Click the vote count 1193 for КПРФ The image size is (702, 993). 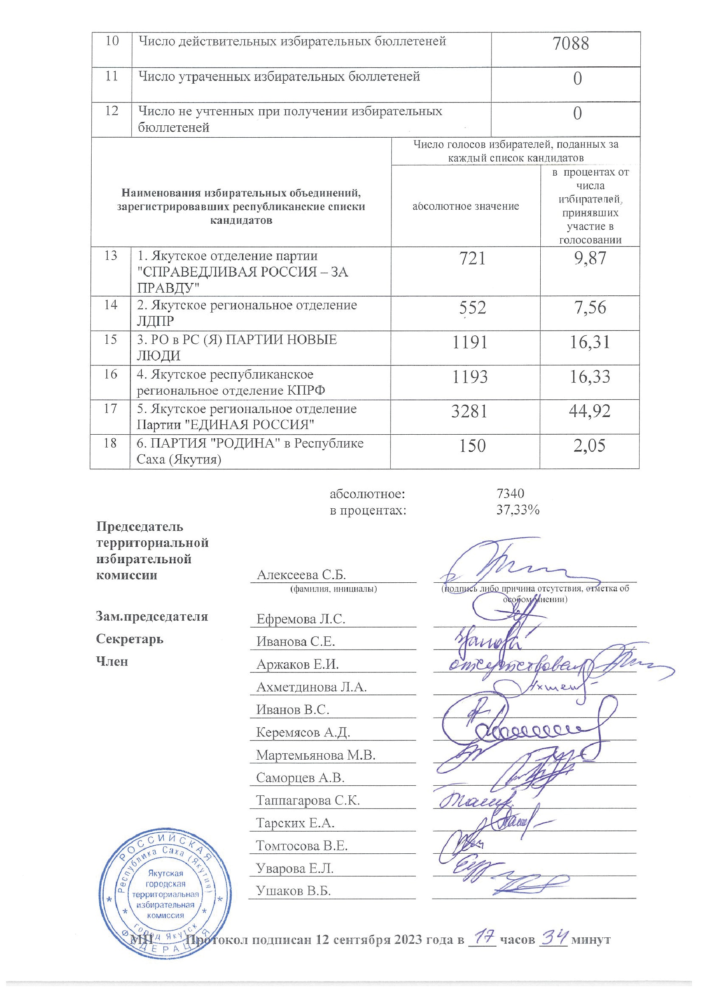click(470, 377)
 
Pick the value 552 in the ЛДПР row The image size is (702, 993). click(472, 308)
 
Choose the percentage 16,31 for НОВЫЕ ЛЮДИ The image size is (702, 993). click(590, 342)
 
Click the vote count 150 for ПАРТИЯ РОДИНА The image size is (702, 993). click(472, 445)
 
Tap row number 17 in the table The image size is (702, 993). click(110, 409)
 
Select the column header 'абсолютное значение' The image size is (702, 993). click(465, 206)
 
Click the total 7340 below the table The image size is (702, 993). click(510, 493)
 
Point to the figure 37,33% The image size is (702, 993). click(518, 510)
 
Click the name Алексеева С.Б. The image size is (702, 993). click(301, 575)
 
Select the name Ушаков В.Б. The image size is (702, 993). click(293, 891)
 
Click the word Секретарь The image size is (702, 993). click(130, 639)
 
